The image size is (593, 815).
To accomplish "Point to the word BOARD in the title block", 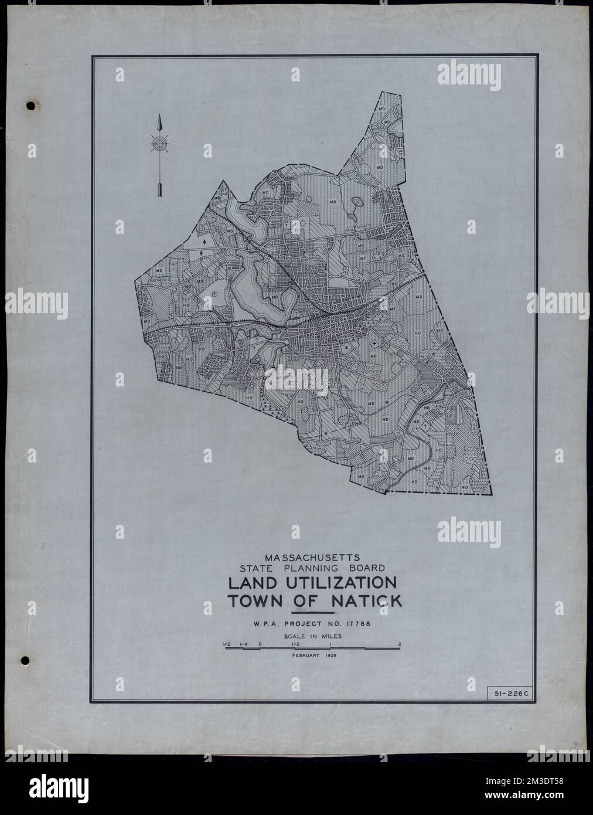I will tap(364, 568).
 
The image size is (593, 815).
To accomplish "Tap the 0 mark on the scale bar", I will tap(260, 644).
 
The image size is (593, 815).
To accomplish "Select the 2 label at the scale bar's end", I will tap(399, 644).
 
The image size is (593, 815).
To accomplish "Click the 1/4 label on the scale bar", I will tap(243, 644).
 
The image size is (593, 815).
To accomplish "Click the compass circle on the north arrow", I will tap(159, 142).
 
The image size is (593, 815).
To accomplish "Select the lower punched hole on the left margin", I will tap(26, 661).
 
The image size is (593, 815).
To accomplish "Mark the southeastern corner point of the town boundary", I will tap(491, 494).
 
